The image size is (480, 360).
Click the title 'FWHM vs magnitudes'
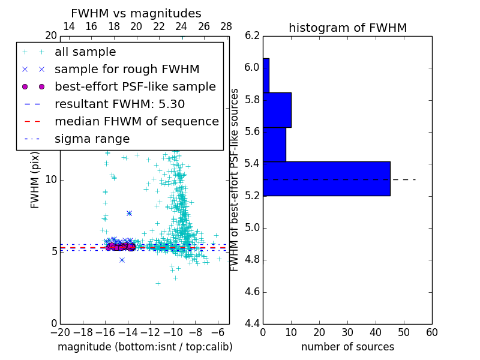click(x=136, y=14)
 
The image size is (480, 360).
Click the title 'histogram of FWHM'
click(x=347, y=28)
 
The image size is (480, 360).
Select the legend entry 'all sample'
click(x=85, y=52)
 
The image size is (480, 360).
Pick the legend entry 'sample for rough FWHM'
click(x=127, y=70)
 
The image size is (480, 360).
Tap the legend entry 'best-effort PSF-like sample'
click(x=135, y=87)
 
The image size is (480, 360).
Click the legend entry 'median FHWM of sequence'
click(x=136, y=122)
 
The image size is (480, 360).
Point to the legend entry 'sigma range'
click(x=92, y=139)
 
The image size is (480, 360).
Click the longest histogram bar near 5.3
click(x=326, y=179)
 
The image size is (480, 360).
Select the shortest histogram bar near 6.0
click(x=266, y=75)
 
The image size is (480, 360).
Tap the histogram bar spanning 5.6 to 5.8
click(x=277, y=110)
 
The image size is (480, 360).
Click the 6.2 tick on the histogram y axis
click(x=252, y=35)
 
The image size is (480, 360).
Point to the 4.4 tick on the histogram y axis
click(x=252, y=324)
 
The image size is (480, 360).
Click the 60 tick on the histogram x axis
click(x=431, y=332)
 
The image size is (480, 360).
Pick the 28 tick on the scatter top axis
click(x=226, y=26)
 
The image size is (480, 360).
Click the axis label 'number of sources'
click(x=347, y=347)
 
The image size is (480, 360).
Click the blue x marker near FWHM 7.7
click(x=129, y=213)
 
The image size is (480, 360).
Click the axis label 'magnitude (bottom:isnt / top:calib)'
click(x=145, y=347)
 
